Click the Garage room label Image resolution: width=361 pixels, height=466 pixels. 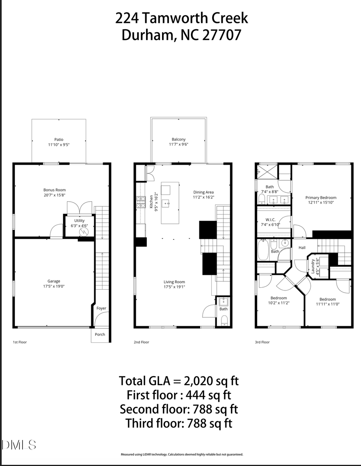54,281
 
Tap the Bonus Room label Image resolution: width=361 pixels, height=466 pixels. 55,190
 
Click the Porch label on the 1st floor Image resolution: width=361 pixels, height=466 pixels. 100,334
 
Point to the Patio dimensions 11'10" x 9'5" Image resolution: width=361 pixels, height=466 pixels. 59,145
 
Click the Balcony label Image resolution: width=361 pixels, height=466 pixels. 178,139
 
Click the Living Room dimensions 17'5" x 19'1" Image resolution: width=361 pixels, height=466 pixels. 174,287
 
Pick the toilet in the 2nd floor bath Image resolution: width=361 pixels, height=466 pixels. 224,320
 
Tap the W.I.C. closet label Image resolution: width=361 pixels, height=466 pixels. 270,220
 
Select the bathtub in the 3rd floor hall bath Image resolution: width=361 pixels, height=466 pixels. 263,249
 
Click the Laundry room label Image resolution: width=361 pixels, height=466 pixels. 312,266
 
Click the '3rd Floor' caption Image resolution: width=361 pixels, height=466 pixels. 262,342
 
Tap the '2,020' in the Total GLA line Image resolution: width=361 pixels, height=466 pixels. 200,380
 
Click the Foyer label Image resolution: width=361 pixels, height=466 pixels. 101,308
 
